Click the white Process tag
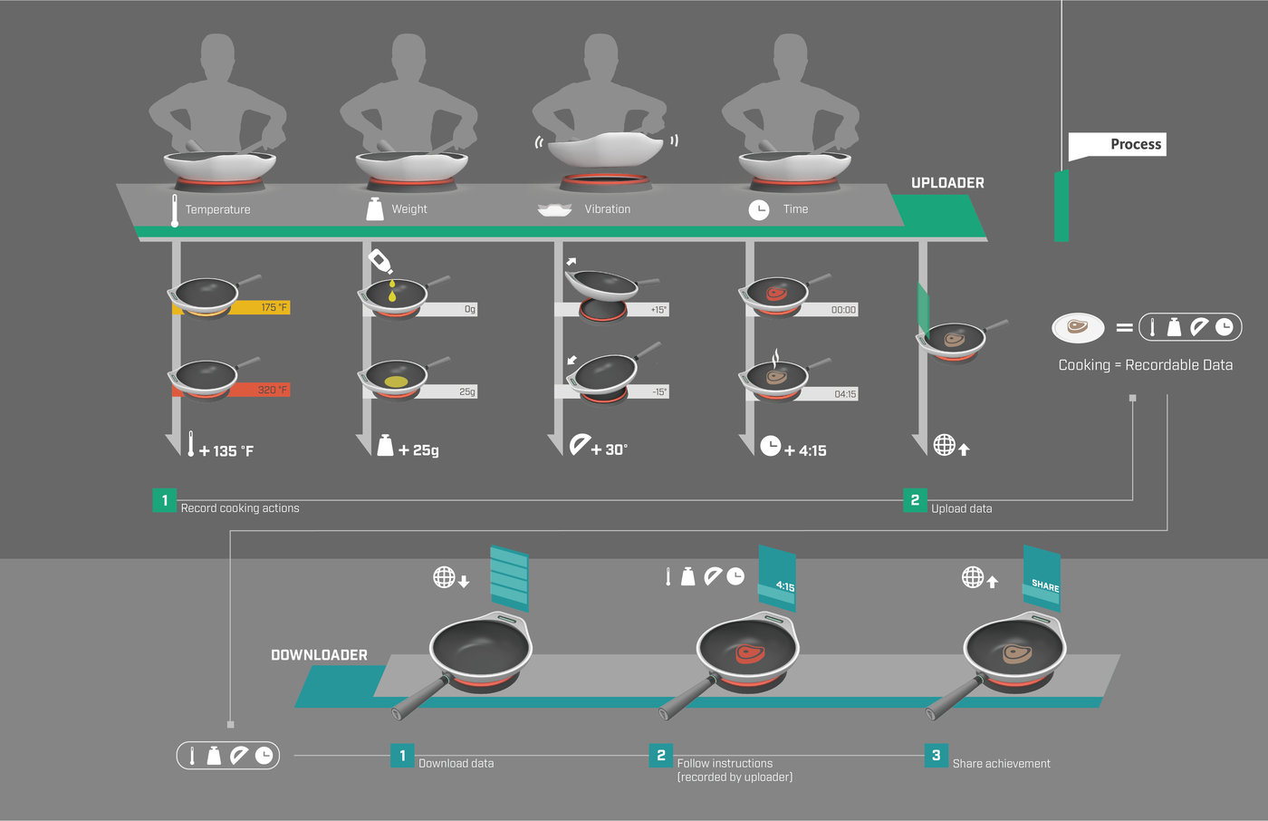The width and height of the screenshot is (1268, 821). tap(1118, 145)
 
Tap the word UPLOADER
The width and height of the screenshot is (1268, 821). tap(947, 183)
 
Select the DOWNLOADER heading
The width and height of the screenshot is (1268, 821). tap(319, 655)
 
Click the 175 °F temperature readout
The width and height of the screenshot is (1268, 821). tap(274, 308)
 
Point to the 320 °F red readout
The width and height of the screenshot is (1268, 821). tap(272, 391)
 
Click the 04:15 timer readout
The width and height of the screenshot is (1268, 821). tap(844, 394)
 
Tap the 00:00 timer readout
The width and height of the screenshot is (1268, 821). tap(842, 310)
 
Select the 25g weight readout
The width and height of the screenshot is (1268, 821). tap(466, 392)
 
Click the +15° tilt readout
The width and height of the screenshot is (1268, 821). tap(658, 310)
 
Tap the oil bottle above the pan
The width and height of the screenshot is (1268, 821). tap(380, 261)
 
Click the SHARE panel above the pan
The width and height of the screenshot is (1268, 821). tap(1042, 579)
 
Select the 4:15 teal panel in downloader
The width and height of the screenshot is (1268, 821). tap(777, 579)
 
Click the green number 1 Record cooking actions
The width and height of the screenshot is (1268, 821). tap(165, 500)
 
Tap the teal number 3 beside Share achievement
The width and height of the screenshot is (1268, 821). tap(936, 755)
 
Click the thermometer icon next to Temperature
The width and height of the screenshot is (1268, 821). tap(175, 209)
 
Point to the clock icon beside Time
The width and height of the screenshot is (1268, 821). tap(759, 209)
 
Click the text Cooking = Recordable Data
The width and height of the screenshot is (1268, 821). tap(1145, 365)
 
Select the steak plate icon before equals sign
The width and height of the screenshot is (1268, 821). tap(1078, 327)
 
